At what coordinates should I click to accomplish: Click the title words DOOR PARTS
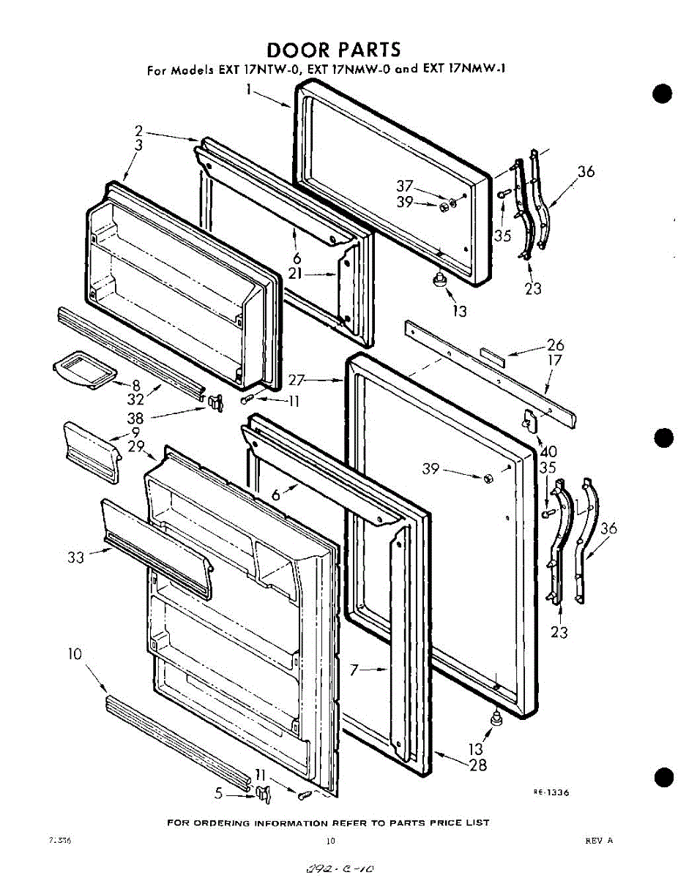tap(334, 50)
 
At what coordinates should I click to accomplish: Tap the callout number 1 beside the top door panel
tap(250, 91)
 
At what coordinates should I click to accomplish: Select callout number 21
tap(295, 275)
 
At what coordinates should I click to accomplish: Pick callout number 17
tap(555, 360)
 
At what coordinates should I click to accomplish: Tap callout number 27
tap(296, 380)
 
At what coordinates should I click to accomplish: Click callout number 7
tap(354, 669)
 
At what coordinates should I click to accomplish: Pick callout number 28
tap(478, 765)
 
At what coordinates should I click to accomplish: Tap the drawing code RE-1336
tap(551, 792)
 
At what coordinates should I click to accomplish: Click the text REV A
tap(599, 841)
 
